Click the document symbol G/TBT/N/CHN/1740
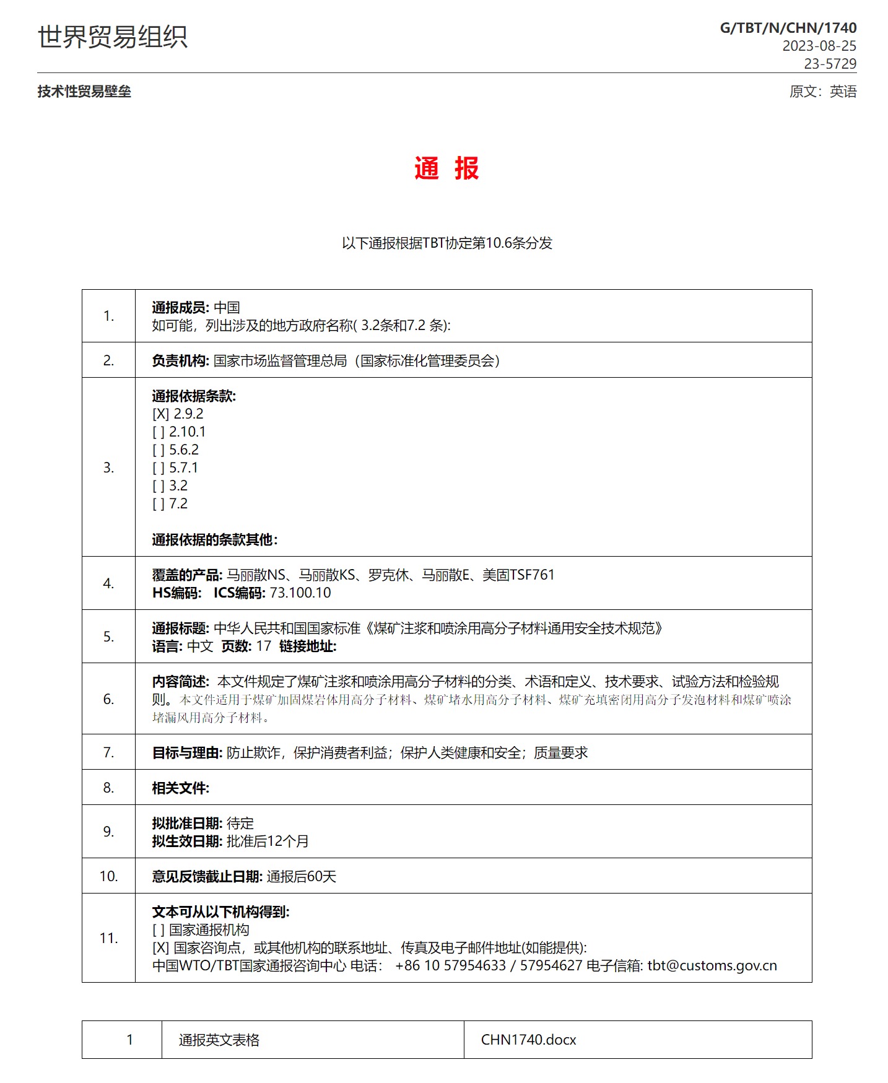click(x=788, y=28)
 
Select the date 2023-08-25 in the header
click(x=819, y=46)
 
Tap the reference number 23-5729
click(x=830, y=64)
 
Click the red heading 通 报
click(x=446, y=168)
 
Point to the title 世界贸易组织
click(x=113, y=37)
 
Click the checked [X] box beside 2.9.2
click(x=160, y=414)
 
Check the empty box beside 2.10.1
click(x=159, y=432)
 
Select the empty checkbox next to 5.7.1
click(x=159, y=468)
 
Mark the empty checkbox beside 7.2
click(x=159, y=503)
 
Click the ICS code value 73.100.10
click(x=300, y=593)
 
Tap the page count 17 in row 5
click(x=264, y=646)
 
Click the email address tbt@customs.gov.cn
click(x=712, y=965)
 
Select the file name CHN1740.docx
click(x=528, y=1040)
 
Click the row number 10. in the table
click(x=108, y=876)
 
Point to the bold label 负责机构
click(x=180, y=361)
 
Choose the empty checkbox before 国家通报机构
click(x=159, y=929)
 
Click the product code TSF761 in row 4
click(x=531, y=575)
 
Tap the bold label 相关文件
click(x=180, y=788)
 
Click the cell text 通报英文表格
click(x=219, y=1040)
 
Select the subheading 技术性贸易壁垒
click(x=84, y=92)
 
